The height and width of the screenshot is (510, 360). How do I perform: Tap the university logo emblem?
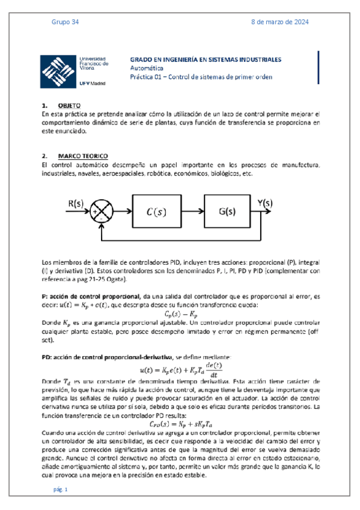(x=58, y=72)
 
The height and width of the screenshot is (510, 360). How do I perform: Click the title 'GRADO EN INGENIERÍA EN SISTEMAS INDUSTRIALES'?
(x=206, y=61)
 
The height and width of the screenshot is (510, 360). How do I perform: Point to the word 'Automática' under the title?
(x=146, y=69)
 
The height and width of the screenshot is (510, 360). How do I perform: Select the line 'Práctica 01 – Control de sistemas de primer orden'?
(x=201, y=77)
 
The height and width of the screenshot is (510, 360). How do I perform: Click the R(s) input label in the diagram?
(x=75, y=203)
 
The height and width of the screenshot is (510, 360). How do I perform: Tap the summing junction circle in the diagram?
(x=103, y=211)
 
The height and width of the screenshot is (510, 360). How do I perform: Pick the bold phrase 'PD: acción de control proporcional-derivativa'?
(x=106, y=358)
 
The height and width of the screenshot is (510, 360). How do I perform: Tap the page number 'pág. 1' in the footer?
(x=61, y=490)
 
